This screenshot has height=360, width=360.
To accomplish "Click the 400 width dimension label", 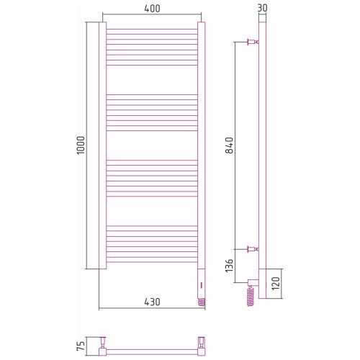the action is point(152,9).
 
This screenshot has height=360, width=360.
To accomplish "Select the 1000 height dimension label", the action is point(81,145).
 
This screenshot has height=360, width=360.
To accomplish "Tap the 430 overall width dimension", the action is point(152,302).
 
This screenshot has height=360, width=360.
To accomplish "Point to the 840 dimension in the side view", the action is point(230,145).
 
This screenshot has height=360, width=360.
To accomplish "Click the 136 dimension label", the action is point(230,266).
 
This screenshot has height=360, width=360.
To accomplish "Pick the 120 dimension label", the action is point(276,283).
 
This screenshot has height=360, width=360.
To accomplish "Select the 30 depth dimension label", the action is point(262,8).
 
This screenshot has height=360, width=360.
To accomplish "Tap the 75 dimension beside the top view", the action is point(81,346).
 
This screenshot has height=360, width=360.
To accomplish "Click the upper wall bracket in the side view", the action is point(253,42).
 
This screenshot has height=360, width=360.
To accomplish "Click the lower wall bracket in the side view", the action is point(253,249).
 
